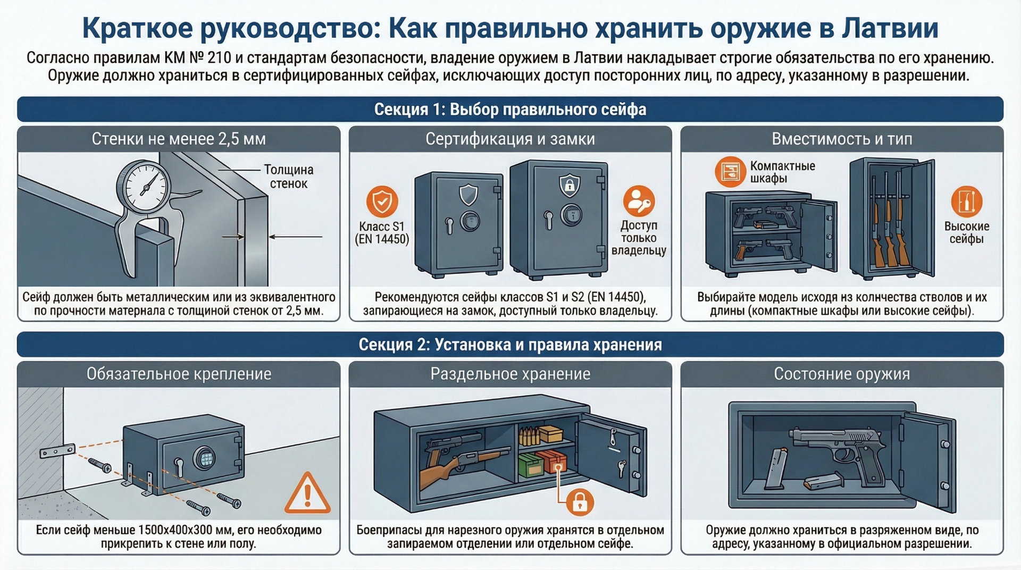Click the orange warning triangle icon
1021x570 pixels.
[x=307, y=494]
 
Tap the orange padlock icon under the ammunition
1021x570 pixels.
[x=580, y=502]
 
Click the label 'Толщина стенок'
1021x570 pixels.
[x=289, y=177]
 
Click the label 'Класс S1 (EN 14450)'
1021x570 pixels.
[x=382, y=233]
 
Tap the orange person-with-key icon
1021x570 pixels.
[x=639, y=201]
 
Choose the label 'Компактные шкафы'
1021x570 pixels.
[x=782, y=172]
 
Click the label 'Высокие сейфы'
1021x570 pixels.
[x=966, y=232]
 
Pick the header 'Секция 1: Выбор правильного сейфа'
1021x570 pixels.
[x=510, y=110]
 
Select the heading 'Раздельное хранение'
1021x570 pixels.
[x=510, y=374]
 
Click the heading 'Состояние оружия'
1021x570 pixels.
[x=842, y=374]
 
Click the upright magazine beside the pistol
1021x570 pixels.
[x=777, y=468]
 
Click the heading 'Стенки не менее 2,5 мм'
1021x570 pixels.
[x=179, y=139]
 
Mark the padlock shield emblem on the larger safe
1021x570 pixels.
[x=569, y=185]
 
